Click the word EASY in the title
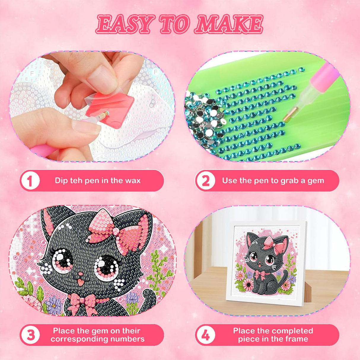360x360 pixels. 125,24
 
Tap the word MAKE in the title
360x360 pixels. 229,24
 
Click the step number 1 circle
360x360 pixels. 30,181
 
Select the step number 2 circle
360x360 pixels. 205,181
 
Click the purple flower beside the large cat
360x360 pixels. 55,305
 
